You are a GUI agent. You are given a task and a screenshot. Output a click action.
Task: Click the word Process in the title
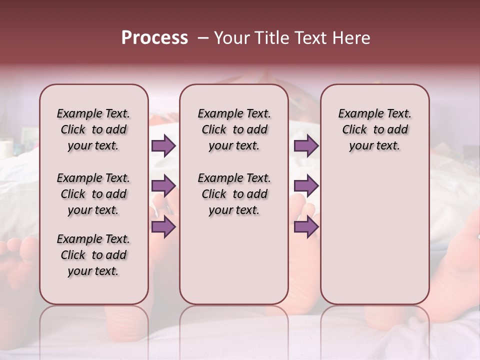(154, 38)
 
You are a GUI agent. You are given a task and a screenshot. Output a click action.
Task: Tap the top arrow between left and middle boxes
(163, 146)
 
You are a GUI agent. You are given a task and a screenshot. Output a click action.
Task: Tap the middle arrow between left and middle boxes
(163, 186)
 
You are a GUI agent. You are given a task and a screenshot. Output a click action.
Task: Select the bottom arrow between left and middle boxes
(163, 227)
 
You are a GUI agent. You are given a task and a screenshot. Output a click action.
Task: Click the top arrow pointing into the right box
(306, 146)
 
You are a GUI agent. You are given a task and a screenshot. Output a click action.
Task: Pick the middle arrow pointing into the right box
(306, 186)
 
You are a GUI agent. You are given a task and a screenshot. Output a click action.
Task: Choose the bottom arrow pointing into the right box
(306, 227)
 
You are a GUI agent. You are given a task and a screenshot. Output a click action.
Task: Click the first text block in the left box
(93, 129)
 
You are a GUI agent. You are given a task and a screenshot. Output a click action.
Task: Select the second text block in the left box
(93, 194)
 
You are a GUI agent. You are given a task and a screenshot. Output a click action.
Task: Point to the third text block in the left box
(93, 255)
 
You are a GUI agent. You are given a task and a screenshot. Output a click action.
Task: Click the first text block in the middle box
(234, 129)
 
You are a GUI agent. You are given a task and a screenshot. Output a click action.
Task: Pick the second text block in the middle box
(234, 194)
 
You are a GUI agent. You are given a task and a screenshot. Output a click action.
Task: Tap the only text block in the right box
(374, 129)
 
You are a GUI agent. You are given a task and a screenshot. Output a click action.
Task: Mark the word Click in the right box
(354, 130)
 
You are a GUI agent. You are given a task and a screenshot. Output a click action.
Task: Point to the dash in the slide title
(202, 38)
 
